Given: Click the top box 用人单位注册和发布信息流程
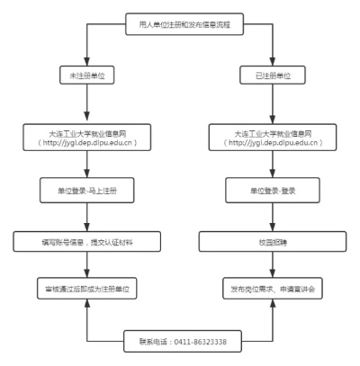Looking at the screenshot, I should [180, 22].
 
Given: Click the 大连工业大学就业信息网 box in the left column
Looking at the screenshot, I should [86, 136].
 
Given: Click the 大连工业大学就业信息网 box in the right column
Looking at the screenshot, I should [273, 136].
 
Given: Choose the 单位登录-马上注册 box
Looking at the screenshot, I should [86, 192].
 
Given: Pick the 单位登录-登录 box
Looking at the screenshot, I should [273, 192].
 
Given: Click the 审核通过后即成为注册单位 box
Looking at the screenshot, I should [86, 290].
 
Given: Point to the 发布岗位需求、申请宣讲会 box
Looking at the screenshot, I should [273, 290].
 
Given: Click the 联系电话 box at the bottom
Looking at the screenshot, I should [180, 343].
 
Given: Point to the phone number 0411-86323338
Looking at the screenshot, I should [201, 343].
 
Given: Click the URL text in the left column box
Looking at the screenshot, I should [86, 142].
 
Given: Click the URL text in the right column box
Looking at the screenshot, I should [273, 142].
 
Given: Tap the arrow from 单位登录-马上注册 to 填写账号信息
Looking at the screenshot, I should [86, 217].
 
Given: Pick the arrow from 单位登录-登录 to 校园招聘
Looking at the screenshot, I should [273, 217].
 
